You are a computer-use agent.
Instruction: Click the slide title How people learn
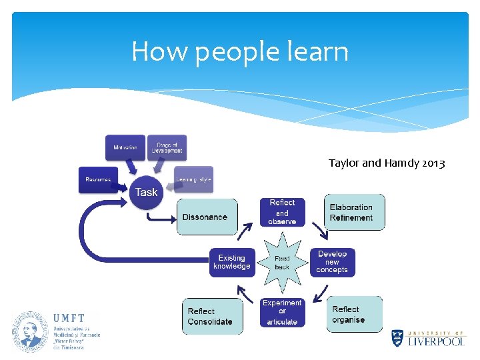pos(240,51)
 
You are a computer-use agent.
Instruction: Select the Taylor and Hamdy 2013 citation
pos(387,163)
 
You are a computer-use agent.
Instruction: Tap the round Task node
pos(147,192)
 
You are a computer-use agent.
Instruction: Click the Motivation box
pos(125,147)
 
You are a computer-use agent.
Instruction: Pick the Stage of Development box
pos(167,147)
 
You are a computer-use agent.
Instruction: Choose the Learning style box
pos(193,179)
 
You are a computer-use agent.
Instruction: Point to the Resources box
pos(98,179)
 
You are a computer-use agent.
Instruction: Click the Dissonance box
pos(205,217)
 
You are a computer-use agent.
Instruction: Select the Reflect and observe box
pos(282,212)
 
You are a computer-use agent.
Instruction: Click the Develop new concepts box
pos(332,262)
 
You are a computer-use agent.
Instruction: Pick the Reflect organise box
pos(354,314)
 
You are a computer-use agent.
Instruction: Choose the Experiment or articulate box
pos(282,312)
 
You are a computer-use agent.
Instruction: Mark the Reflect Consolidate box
pos(212,316)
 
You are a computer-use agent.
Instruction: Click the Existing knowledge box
pos(231,262)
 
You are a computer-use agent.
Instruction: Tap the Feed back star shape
pos(282,262)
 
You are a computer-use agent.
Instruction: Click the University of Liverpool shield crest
pos(397,338)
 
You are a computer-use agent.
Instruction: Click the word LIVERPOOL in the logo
pos(437,341)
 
